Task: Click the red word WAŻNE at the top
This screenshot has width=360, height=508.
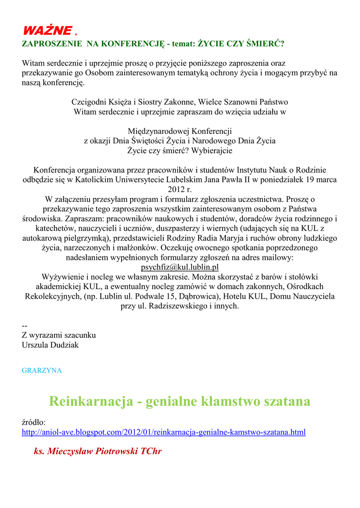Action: [x=47, y=30]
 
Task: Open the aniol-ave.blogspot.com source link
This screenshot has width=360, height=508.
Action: [x=163, y=432]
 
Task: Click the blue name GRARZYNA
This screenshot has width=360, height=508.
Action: [x=42, y=371]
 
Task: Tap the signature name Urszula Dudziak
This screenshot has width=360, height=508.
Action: [x=50, y=344]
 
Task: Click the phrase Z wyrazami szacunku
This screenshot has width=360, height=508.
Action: [x=59, y=335]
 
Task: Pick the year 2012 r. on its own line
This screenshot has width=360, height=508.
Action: [x=180, y=189]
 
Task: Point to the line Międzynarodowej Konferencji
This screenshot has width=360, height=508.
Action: [x=180, y=131]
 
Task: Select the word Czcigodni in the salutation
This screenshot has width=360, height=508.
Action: [x=88, y=102]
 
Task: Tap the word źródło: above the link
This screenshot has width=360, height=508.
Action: [x=34, y=422]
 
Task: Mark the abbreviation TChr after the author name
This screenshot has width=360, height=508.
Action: [x=151, y=451]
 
